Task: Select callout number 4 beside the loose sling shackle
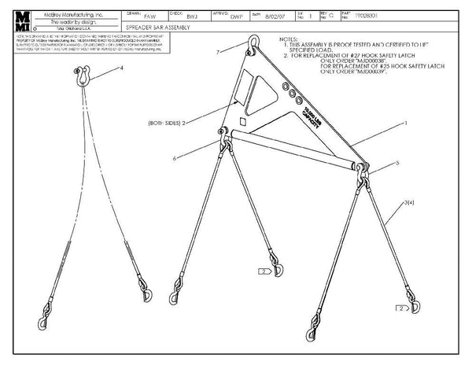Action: (x=122, y=69)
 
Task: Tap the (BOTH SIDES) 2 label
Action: (x=166, y=124)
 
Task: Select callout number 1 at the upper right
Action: (x=405, y=124)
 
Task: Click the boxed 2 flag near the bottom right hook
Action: (x=403, y=309)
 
